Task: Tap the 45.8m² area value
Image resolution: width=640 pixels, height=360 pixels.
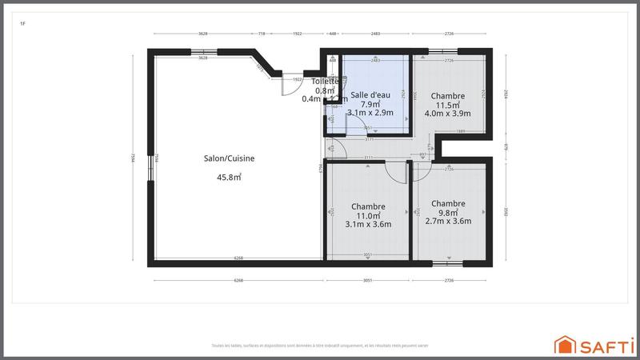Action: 229,178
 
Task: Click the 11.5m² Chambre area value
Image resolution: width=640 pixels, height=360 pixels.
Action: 447,105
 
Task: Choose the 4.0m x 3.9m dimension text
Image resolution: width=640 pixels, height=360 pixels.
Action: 447,114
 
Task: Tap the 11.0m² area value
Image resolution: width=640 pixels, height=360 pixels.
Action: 368,215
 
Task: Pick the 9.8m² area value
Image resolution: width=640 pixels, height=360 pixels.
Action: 447,213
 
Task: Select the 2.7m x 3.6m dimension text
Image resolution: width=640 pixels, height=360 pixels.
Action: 448,222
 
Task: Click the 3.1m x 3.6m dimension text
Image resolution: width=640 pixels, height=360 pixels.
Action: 368,224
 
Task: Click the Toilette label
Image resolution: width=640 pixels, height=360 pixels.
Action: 325,82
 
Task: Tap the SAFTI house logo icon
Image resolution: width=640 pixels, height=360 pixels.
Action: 566,345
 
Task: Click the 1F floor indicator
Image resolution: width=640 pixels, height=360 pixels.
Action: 22,24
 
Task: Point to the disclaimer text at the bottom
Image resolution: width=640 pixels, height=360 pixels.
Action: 320,346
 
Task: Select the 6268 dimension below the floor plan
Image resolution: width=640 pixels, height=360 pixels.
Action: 238,281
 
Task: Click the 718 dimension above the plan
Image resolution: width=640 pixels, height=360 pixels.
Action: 262,34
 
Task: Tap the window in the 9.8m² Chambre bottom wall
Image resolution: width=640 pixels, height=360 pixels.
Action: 448,263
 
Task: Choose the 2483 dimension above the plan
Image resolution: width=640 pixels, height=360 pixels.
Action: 375,34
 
